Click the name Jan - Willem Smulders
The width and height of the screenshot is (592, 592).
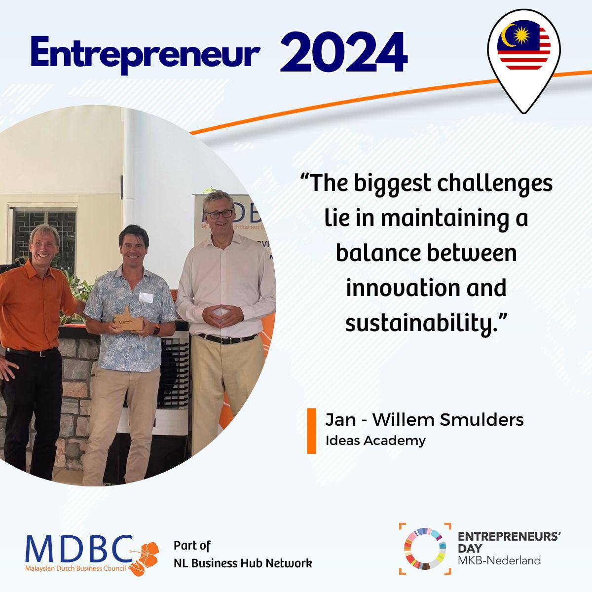tap(424, 420)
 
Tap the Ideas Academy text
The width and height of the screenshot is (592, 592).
tap(375, 440)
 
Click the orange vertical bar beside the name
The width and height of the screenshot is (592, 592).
tap(311, 431)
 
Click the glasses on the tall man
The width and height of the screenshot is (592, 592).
tap(220, 215)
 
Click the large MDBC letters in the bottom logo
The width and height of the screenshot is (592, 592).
tap(79, 549)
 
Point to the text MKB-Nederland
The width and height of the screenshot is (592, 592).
tap(499, 560)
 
